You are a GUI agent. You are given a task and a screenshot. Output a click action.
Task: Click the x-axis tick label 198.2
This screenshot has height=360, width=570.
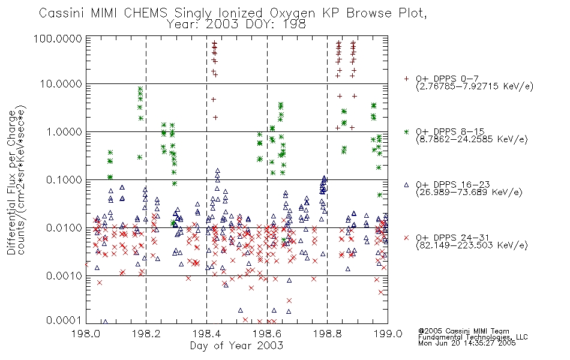[146, 334]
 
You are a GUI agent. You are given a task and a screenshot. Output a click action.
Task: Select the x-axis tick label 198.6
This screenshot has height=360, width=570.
[267, 334]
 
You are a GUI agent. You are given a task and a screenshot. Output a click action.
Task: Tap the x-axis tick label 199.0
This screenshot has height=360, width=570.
[388, 334]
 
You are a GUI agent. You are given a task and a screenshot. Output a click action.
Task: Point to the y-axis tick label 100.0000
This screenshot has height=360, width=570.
[58, 38]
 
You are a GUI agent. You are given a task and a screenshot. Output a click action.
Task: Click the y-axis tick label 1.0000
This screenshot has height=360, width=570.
[64, 131]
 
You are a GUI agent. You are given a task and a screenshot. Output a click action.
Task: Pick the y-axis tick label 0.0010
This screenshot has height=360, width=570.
[64, 275]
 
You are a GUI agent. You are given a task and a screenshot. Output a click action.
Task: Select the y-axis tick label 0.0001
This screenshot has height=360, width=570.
[64, 320]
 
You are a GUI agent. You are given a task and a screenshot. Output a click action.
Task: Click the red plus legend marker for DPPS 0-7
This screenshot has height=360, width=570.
[406, 79]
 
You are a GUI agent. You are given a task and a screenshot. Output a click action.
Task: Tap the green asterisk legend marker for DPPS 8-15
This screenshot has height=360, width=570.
[406, 131]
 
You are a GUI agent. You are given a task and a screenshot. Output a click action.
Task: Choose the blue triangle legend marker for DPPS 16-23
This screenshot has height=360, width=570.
[406, 185]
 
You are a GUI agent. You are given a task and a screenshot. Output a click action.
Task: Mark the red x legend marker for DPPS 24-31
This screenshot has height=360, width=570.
[406, 238]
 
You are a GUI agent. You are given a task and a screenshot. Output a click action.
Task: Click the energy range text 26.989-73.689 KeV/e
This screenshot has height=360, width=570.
[469, 193]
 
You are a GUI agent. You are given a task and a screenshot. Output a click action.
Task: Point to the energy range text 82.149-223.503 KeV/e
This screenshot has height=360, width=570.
[472, 245]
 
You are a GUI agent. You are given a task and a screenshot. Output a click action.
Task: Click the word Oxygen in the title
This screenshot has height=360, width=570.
[292, 13]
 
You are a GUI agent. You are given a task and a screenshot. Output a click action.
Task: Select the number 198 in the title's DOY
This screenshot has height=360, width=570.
[294, 25]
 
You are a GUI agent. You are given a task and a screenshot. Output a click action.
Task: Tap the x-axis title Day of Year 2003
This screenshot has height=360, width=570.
[236, 346]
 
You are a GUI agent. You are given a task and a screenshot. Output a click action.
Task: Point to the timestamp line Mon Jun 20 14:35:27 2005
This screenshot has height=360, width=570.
[467, 343]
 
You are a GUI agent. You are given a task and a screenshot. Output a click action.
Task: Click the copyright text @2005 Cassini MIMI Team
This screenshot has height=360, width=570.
[463, 331]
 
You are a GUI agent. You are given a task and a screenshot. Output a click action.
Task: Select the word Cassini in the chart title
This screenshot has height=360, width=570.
[61, 13]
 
